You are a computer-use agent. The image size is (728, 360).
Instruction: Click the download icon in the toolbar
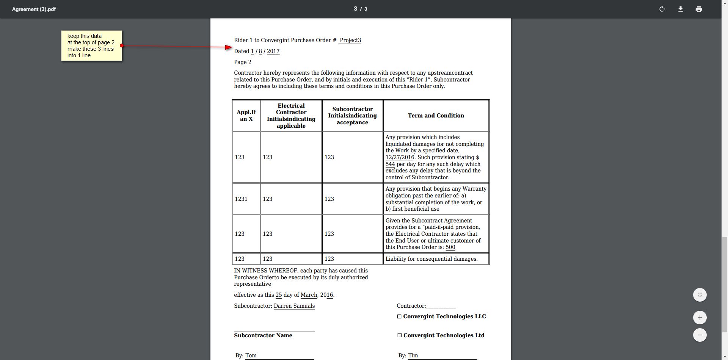pyautogui.click(x=680, y=9)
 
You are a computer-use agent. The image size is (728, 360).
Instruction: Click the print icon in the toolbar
pyautogui.click(x=698, y=9)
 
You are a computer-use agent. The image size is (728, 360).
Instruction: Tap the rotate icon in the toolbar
pyautogui.click(x=662, y=9)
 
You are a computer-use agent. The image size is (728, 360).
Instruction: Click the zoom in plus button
pyautogui.click(x=700, y=318)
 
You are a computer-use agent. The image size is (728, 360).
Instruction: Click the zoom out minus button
pyautogui.click(x=700, y=335)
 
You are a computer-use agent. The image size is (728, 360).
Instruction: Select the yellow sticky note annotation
pyautogui.click(x=91, y=45)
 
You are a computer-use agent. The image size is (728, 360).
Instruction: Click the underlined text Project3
pyautogui.click(x=350, y=40)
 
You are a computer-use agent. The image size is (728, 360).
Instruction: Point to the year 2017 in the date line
pyautogui.click(x=273, y=51)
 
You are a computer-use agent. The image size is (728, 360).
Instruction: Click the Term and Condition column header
pyautogui.click(x=436, y=116)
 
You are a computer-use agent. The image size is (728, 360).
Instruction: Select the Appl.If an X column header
pyautogui.click(x=246, y=116)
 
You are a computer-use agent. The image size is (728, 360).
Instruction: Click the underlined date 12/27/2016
pyautogui.click(x=400, y=157)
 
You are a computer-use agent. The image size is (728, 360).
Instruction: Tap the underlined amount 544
pyautogui.click(x=390, y=164)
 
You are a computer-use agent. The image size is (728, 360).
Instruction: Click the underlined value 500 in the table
pyautogui.click(x=450, y=247)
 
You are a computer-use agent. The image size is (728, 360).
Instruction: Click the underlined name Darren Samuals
pyautogui.click(x=294, y=306)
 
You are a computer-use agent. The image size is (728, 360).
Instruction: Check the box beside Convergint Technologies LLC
pyautogui.click(x=399, y=316)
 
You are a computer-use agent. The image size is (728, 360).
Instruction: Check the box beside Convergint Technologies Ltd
pyautogui.click(x=399, y=335)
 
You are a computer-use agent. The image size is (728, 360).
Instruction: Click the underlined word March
pyautogui.click(x=309, y=295)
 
